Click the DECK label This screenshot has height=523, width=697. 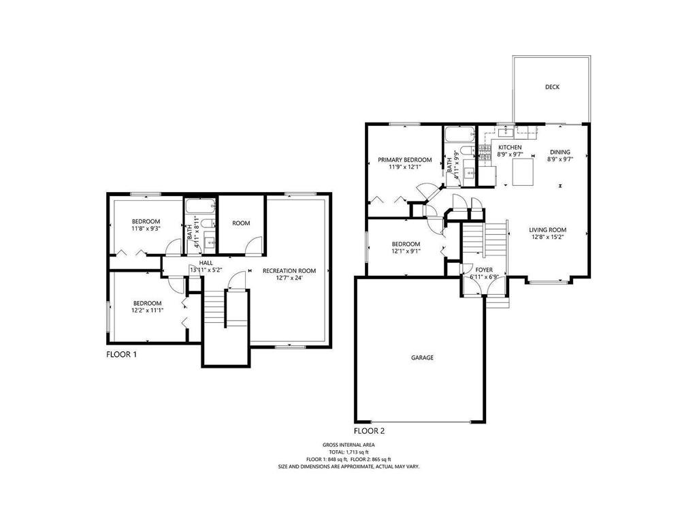click(x=552, y=87)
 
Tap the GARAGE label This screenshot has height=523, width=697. click(x=422, y=358)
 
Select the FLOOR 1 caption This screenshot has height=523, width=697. click(x=121, y=354)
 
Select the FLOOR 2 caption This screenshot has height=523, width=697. click(x=369, y=431)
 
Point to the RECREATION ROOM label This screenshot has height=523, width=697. click(x=289, y=271)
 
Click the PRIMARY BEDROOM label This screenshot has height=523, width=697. click(x=404, y=160)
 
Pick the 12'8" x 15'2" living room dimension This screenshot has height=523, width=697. click(x=548, y=237)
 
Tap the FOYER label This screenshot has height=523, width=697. click(x=484, y=270)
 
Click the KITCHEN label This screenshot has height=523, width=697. click(x=510, y=148)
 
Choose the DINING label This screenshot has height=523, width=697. click(x=560, y=152)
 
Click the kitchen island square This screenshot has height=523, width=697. click(x=523, y=172)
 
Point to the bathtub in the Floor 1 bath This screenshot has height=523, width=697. click(x=200, y=207)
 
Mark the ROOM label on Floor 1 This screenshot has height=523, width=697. click(x=241, y=223)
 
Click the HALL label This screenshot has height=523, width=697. click(x=206, y=264)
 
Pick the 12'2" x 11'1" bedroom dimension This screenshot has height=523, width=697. click(x=147, y=311)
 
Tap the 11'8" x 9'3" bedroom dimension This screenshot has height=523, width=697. click(x=146, y=229)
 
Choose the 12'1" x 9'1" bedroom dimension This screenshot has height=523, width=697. click(x=406, y=251)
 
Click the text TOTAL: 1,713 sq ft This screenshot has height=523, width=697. click(x=348, y=452)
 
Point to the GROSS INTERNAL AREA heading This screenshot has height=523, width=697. click(x=348, y=445)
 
